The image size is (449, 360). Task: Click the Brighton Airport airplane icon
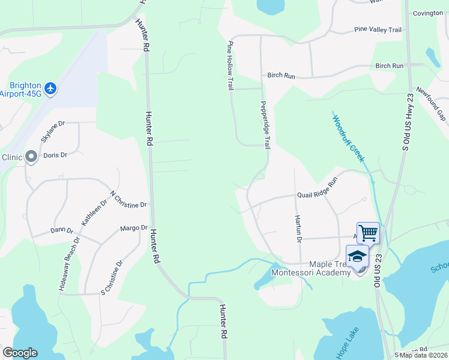[x=50, y=89]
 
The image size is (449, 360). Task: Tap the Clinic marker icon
[x=31, y=157]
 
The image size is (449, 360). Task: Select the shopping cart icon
[x=367, y=232]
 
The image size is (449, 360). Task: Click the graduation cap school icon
[x=357, y=256]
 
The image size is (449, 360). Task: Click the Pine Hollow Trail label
[x=229, y=66]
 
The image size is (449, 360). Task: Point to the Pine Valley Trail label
[x=378, y=29]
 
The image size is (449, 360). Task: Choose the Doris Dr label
[x=55, y=155]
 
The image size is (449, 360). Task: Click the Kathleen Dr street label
[x=94, y=212]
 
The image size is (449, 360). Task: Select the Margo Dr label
[x=134, y=228]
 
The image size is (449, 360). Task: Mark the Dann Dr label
[x=61, y=230]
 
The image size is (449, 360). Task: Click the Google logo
[x=20, y=353]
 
